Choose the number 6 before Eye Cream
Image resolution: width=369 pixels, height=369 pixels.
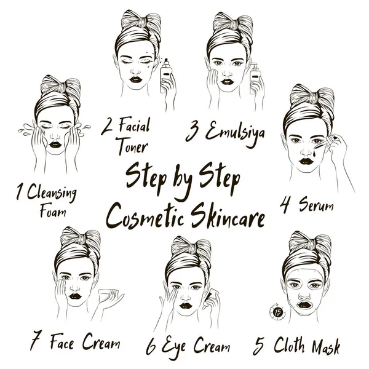(x=151, y=346)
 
